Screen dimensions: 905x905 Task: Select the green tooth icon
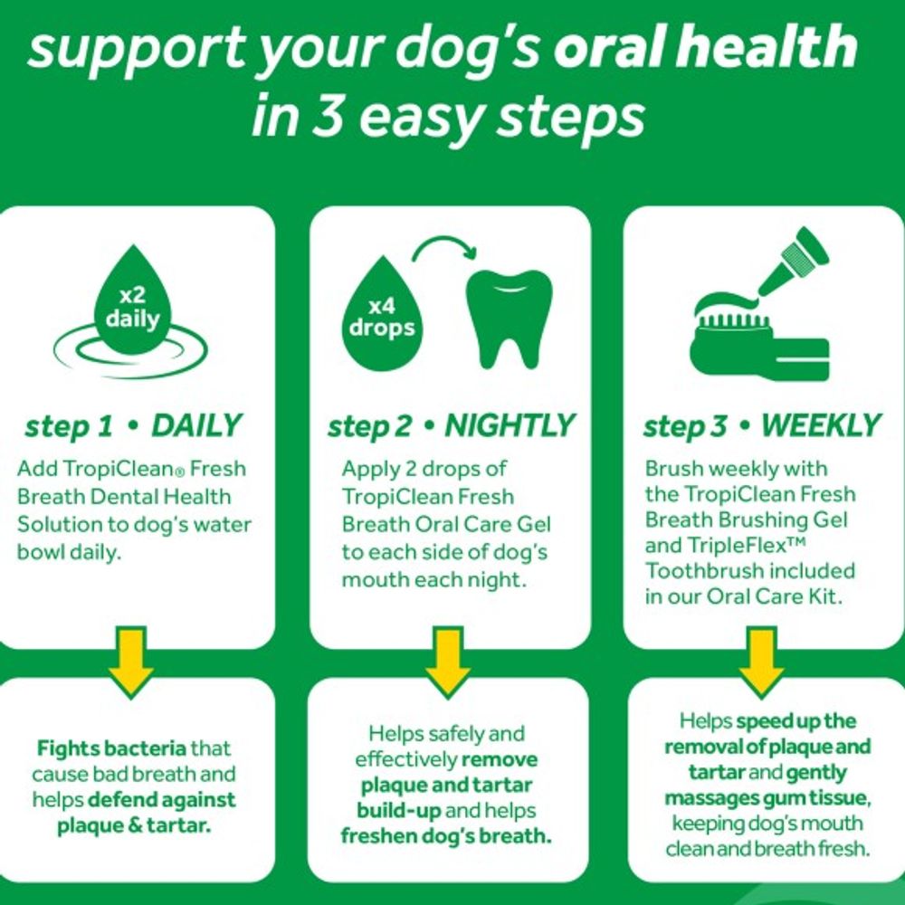(x=506, y=317)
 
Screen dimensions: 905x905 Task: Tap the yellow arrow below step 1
(x=132, y=660)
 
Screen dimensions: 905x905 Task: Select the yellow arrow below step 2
(x=448, y=660)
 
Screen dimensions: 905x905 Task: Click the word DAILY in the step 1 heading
(x=196, y=426)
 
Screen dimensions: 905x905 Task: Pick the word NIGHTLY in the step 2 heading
(x=509, y=426)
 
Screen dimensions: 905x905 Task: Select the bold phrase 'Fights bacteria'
(x=111, y=749)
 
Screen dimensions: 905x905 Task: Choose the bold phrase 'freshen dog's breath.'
(x=446, y=836)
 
